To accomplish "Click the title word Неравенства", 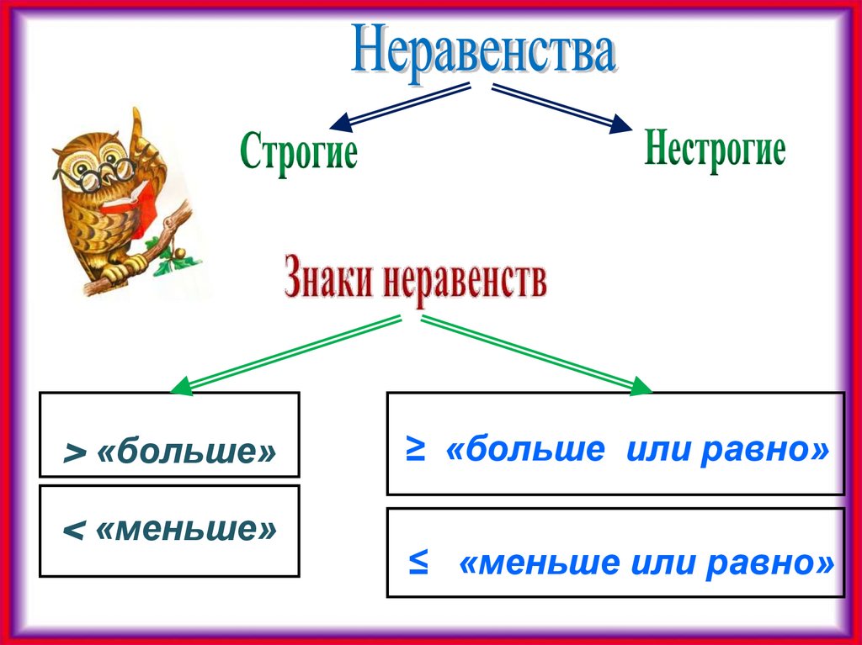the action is coord(484,52).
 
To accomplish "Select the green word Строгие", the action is coord(299,153).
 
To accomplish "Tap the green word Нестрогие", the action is coord(715,151).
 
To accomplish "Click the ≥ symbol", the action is coord(416,451).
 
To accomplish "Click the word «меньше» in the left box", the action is coord(186,530).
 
